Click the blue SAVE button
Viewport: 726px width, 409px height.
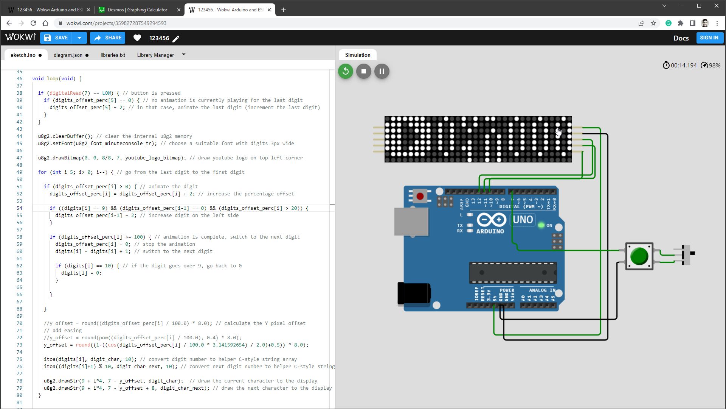pos(57,38)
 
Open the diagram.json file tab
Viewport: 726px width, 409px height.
pos(68,55)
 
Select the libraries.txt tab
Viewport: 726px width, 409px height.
pos(113,55)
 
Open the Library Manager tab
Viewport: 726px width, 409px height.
pos(155,55)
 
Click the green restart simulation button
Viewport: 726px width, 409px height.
pos(345,71)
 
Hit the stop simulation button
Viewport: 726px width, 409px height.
pos(364,71)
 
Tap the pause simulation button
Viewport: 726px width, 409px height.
pos(382,71)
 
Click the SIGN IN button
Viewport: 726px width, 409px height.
pos(709,38)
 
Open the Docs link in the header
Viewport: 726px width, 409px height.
pos(681,38)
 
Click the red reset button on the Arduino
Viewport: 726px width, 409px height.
pos(420,196)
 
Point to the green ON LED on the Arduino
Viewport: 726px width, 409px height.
pos(541,225)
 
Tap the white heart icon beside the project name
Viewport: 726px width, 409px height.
pos(137,38)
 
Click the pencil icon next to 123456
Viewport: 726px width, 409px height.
pos(176,38)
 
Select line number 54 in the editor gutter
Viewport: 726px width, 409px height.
pos(19,208)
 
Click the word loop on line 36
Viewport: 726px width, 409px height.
pos(53,79)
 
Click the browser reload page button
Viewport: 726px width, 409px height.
pos(33,23)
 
